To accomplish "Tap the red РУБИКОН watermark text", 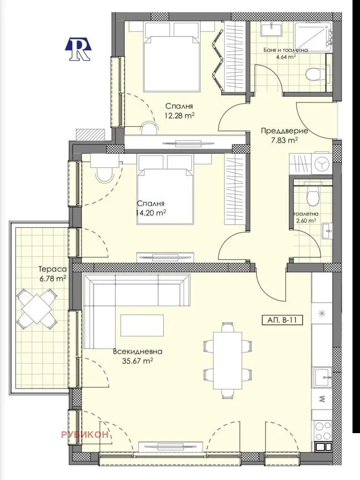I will coord(85,435).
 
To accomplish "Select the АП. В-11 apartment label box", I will coord(280,321).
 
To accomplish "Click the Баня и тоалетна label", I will coord(285,50).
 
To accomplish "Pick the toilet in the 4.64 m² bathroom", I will coord(313,74).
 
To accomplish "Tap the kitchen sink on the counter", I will coord(322,376).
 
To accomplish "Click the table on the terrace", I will coord(37,308).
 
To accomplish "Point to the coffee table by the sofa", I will coord(142,325).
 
